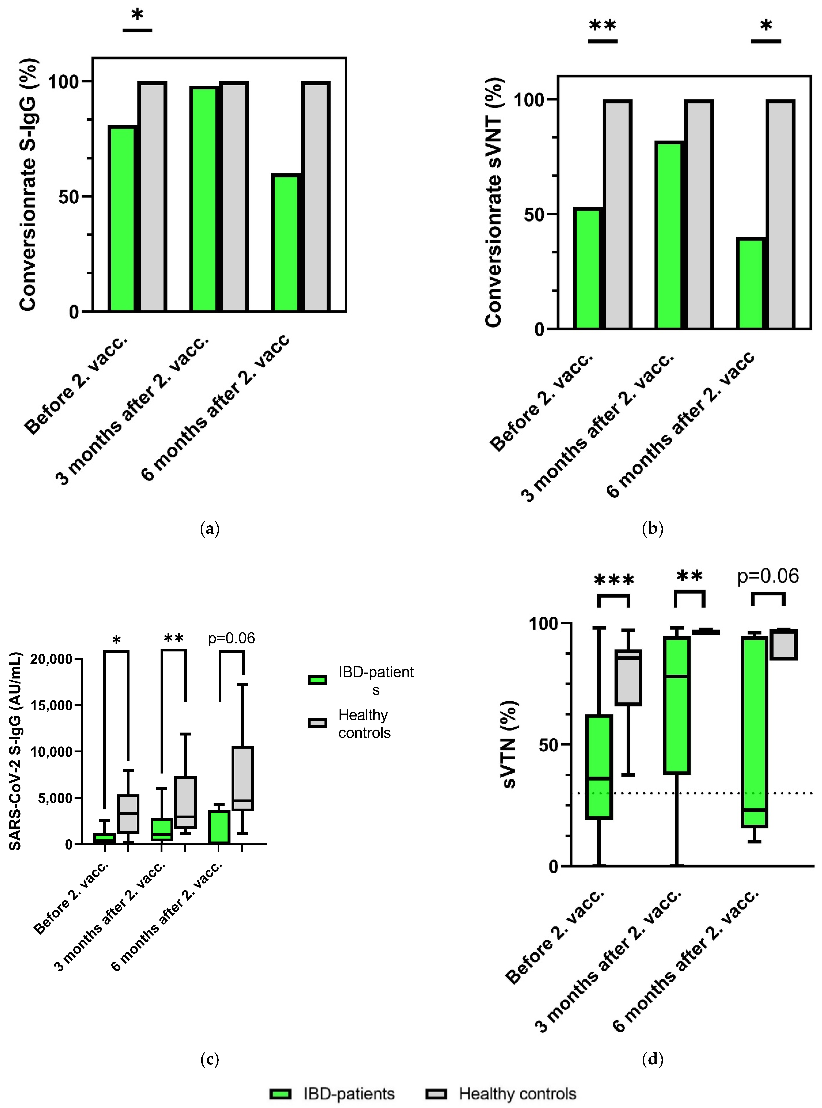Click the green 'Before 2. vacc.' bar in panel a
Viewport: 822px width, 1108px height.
coord(122,219)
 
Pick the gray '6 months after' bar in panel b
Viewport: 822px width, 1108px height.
coord(780,214)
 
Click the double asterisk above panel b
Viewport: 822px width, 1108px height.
coord(602,26)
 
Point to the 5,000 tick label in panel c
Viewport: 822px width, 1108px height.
coord(55,798)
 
